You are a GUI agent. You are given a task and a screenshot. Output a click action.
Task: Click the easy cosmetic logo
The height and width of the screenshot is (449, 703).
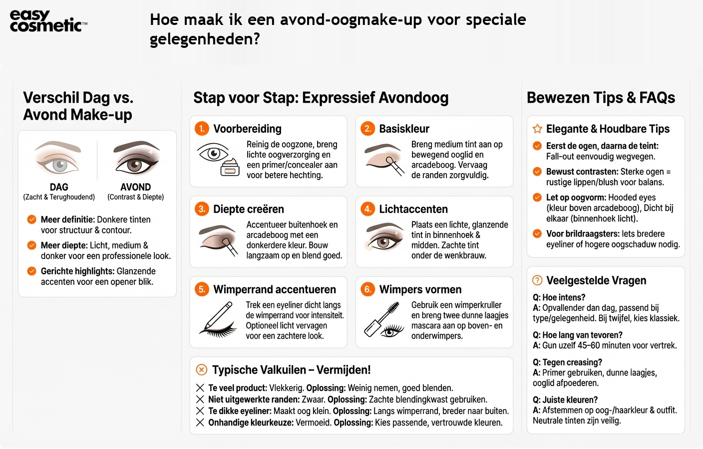tap(48, 21)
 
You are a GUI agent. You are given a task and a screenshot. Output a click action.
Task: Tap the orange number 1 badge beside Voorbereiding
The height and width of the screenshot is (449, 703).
tap(202, 129)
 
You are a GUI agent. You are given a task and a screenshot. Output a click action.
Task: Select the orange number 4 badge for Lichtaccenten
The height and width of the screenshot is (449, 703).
tap(367, 209)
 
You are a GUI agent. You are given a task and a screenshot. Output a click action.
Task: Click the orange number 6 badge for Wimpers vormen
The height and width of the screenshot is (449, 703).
tap(367, 289)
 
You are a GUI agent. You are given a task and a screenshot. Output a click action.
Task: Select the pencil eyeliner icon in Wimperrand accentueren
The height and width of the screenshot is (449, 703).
tap(218, 320)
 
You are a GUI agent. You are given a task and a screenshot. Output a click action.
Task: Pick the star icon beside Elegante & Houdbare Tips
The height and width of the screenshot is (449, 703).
tap(537, 129)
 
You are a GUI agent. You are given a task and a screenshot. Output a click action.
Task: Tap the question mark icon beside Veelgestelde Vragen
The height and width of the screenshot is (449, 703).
tap(537, 280)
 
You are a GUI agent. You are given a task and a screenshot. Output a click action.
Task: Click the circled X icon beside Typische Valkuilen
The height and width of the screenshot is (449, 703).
tap(202, 370)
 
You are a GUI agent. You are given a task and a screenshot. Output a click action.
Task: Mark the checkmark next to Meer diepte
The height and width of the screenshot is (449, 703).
tap(31, 245)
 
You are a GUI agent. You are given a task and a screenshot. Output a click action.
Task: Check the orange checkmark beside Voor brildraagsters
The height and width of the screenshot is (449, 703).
tap(537, 233)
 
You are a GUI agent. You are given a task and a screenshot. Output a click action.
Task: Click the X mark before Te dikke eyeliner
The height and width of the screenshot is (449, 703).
tap(200, 411)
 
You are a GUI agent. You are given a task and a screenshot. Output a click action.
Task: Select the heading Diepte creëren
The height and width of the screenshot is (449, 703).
tap(248, 209)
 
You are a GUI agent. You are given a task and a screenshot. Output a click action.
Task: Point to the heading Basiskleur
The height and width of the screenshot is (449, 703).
tap(404, 129)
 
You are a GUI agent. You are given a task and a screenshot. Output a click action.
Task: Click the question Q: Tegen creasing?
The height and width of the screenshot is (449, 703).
tap(567, 362)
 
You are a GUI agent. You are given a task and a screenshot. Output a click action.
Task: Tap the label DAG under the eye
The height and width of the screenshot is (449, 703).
tap(59, 187)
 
